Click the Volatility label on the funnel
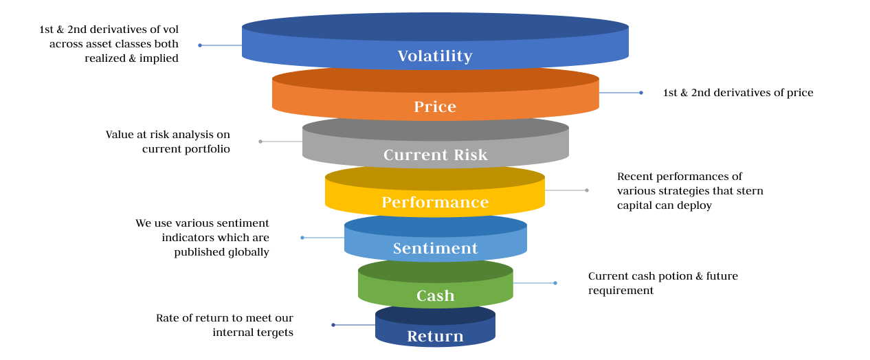(x=435, y=56)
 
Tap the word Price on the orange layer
(x=435, y=106)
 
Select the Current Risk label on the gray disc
(x=436, y=155)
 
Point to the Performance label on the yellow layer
(x=435, y=202)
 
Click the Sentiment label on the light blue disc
(x=436, y=248)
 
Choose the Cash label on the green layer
(x=436, y=295)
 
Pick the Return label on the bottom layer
(x=436, y=336)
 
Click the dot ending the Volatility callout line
(x=200, y=45)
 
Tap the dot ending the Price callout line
(x=641, y=93)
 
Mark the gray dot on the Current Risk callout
(x=260, y=142)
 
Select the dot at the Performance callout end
(x=587, y=190)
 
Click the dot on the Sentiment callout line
(x=302, y=238)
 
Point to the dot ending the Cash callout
(x=555, y=283)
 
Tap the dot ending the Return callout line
(x=333, y=325)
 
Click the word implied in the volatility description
(x=159, y=58)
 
